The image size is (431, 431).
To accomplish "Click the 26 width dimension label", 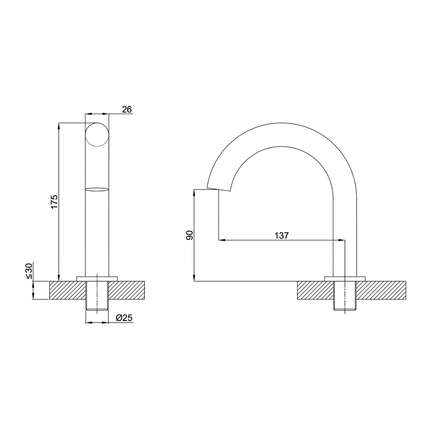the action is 127,109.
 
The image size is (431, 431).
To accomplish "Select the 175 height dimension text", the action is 54,202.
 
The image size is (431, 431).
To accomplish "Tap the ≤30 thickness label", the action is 29,271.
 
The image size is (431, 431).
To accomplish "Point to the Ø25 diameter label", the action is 124,318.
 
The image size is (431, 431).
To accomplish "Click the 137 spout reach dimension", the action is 281,236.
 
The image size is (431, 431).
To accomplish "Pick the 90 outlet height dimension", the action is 189,235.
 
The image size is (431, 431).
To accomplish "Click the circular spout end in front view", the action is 97,135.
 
